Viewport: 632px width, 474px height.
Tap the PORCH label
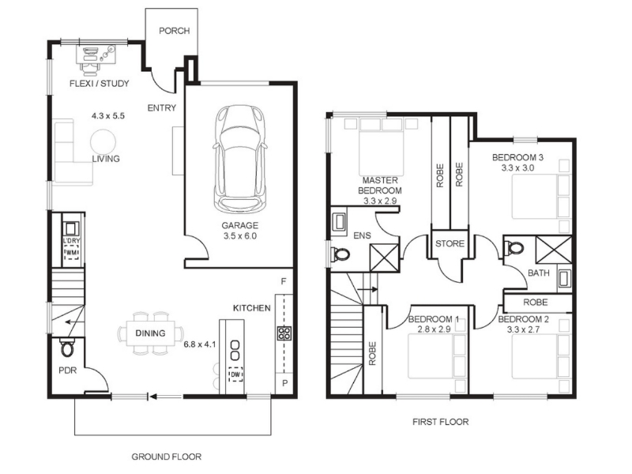[x=174, y=31]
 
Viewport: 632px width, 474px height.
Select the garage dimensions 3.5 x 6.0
[x=240, y=235]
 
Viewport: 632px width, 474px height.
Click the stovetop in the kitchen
[x=284, y=333]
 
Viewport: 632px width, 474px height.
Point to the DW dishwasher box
[x=235, y=374]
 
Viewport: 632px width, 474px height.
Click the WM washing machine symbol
[x=72, y=253]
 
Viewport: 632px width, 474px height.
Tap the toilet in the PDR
[x=68, y=348]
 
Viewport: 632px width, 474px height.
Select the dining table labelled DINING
[x=150, y=333]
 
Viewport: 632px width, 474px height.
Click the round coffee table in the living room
[x=103, y=142]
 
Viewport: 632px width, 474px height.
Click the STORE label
[x=450, y=243]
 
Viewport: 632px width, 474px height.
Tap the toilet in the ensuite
[x=340, y=254]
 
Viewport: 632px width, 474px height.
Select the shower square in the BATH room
[x=554, y=250]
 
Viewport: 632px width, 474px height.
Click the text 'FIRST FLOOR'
[x=441, y=422]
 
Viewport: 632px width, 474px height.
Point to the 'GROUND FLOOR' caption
[x=167, y=457]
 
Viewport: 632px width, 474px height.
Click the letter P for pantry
[x=285, y=383]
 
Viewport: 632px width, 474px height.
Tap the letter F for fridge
[x=284, y=281]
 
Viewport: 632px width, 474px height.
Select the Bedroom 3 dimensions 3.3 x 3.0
[x=518, y=167]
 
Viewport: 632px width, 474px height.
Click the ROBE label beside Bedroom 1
[x=372, y=353]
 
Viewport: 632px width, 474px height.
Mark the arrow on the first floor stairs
[x=367, y=289]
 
